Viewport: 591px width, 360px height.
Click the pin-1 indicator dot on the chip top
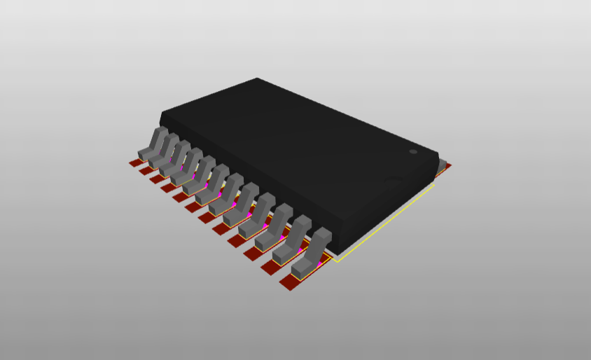pyautogui.click(x=413, y=151)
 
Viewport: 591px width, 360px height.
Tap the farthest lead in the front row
pyautogui.click(x=153, y=143)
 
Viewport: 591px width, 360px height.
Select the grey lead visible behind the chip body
pyautogui.click(x=442, y=165)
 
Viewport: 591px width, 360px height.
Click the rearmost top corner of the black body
pyautogui.click(x=258, y=78)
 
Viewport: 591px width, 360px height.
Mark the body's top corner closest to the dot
pyautogui.click(x=438, y=155)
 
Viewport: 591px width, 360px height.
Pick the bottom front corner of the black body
pyautogui.click(x=338, y=252)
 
